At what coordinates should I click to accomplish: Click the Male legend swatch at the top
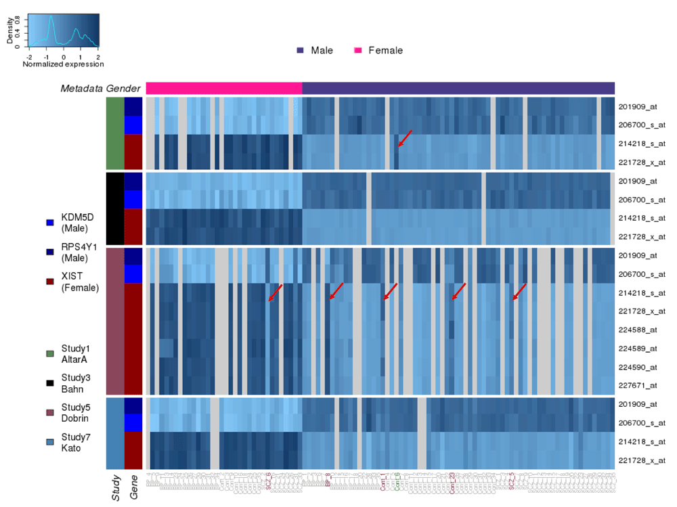pos(300,51)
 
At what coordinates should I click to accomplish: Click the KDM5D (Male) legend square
pos(49,222)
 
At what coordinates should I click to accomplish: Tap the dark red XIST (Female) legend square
pos(49,282)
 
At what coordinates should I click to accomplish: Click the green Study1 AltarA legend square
pos(49,353)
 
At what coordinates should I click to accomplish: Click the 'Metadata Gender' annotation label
pos(100,89)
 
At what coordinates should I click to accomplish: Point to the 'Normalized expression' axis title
pos(63,64)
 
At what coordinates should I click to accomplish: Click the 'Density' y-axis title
pos(10,31)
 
